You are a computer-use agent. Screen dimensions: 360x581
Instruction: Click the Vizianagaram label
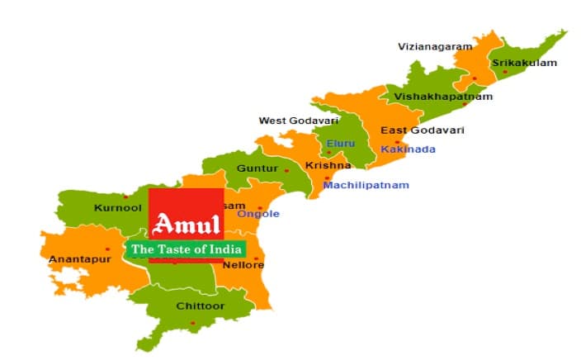click(x=435, y=46)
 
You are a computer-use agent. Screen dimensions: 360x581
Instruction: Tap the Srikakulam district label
click(x=524, y=63)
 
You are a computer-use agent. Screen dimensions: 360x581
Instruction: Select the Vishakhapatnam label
click(x=443, y=97)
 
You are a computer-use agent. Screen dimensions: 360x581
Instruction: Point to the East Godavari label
click(x=422, y=130)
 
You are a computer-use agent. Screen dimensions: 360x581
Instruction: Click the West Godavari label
click(x=299, y=121)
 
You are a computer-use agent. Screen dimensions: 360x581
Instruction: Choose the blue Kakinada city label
click(x=408, y=149)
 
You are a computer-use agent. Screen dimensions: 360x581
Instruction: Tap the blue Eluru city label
click(x=340, y=144)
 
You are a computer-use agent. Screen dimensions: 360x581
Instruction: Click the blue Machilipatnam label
click(x=366, y=185)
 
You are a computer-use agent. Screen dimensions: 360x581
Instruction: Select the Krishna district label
click(x=322, y=165)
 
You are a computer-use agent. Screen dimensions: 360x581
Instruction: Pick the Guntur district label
click(x=252, y=168)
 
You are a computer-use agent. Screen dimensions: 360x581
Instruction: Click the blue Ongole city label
click(x=258, y=214)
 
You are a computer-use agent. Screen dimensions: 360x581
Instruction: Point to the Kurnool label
click(x=118, y=207)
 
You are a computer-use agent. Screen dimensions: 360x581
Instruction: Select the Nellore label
click(x=245, y=265)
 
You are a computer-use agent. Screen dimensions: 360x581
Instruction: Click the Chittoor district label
click(x=200, y=306)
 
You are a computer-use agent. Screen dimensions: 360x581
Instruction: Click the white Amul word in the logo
click(x=187, y=224)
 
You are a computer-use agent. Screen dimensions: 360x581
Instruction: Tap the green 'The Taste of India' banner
click(x=187, y=249)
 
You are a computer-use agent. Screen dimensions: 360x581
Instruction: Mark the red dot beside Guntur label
click(x=286, y=170)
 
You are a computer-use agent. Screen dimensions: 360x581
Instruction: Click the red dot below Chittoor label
click(x=193, y=323)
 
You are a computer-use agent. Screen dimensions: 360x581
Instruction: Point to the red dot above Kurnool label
click(x=125, y=197)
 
